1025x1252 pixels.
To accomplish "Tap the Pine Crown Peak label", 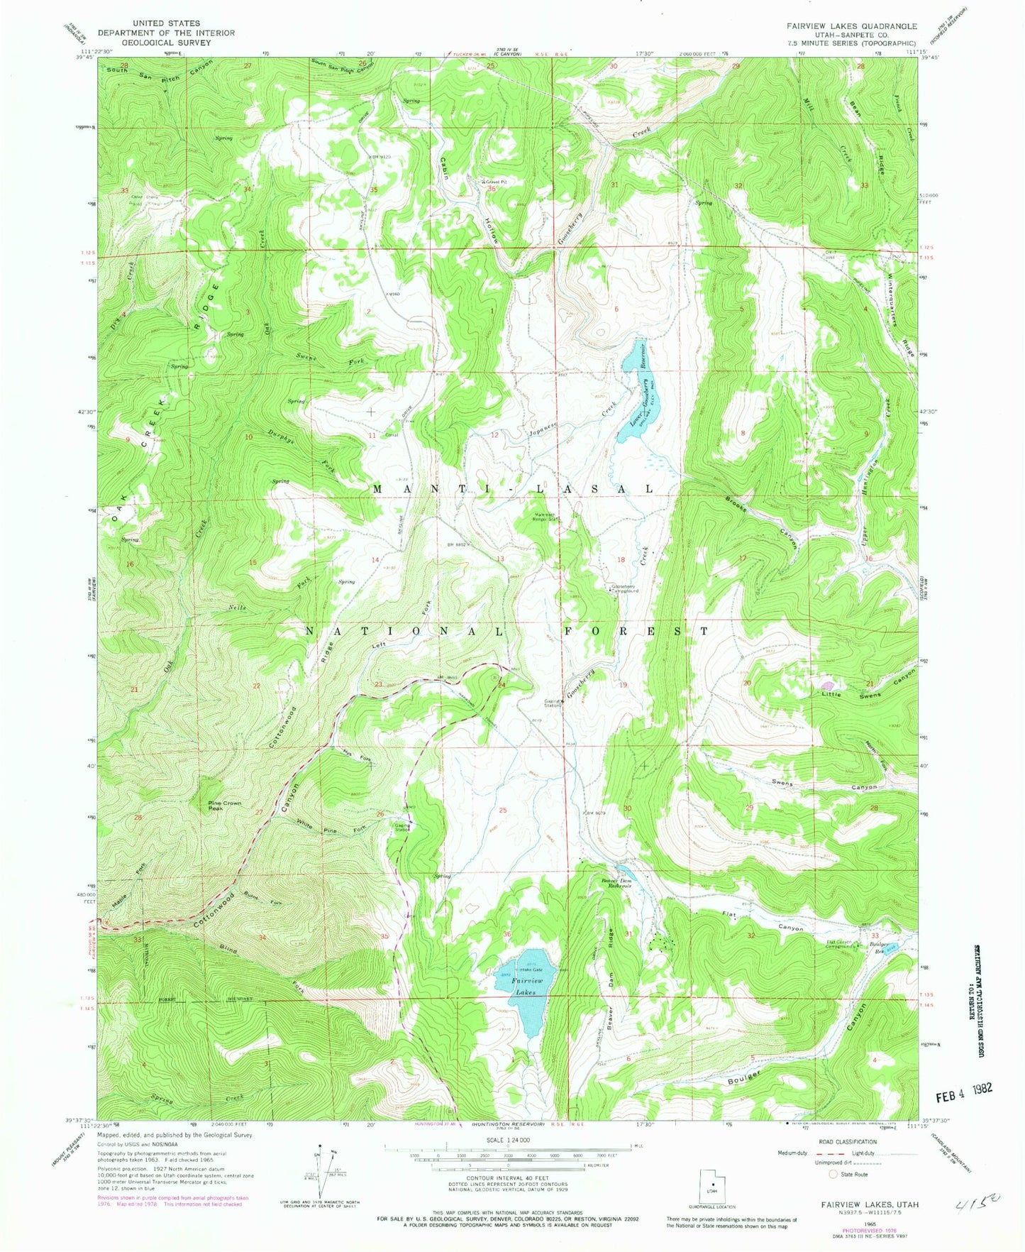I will tap(224, 806).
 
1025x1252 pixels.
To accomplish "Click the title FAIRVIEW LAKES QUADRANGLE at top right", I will tap(841, 26).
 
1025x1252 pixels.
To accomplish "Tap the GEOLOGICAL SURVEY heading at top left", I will tap(165, 42).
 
